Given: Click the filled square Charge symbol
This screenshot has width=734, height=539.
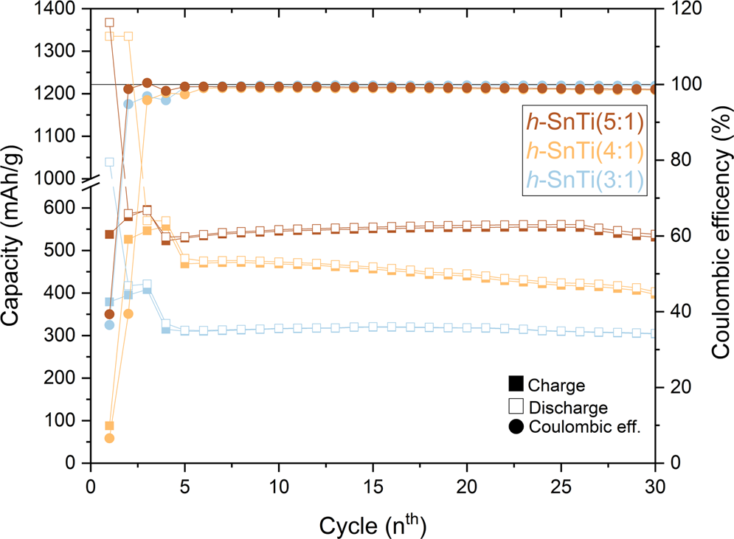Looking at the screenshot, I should click(x=516, y=385).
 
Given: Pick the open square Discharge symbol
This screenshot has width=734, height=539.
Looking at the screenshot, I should click(x=516, y=406).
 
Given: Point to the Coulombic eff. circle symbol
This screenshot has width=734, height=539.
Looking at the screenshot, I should click(x=516, y=426).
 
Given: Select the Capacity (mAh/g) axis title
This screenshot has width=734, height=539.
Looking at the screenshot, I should click(x=17, y=236).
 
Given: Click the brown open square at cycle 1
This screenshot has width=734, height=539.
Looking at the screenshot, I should click(x=110, y=23).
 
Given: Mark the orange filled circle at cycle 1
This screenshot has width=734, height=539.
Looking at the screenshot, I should click(x=110, y=438).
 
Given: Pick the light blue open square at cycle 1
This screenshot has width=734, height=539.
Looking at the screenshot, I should click(x=110, y=162).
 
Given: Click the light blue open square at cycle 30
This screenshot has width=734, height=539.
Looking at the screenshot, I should click(x=655, y=333).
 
